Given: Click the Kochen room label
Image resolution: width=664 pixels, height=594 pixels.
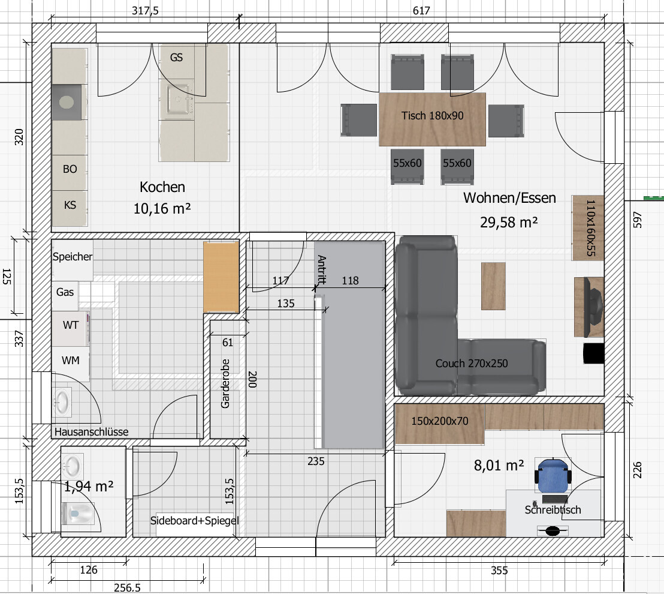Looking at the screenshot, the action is pyautogui.click(x=162, y=187).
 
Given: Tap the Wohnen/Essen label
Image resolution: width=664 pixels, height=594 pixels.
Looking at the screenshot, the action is pyautogui.click(x=509, y=198).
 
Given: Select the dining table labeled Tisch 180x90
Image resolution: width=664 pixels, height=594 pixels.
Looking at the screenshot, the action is pyautogui.click(x=432, y=119).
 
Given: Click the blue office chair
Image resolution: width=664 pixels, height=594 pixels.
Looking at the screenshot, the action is pyautogui.click(x=553, y=476).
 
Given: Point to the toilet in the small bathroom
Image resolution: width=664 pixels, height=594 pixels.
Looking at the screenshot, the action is pyautogui.click(x=77, y=514).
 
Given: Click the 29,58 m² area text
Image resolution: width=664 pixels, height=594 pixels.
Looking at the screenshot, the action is pyautogui.click(x=509, y=222).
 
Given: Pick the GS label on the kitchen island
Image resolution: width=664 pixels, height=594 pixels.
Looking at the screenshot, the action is pyautogui.click(x=177, y=57).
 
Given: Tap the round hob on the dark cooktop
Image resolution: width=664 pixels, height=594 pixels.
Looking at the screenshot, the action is pyautogui.click(x=67, y=102).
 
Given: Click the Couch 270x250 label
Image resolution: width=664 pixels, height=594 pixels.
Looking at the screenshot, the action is pyautogui.click(x=471, y=364).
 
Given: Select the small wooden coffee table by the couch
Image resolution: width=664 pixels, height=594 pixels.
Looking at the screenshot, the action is pyautogui.click(x=493, y=286).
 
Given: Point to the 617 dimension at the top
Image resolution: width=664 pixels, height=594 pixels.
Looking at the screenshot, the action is pyautogui.click(x=421, y=10).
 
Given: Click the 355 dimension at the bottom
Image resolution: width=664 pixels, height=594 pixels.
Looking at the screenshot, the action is pyautogui.click(x=499, y=570).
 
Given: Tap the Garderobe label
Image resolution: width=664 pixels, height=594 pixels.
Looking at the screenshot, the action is pyautogui.click(x=225, y=384).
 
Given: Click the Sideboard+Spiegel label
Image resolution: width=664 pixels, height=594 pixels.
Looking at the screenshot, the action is pyautogui.click(x=194, y=520).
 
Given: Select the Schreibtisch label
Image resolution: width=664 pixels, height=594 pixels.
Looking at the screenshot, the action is pyautogui.click(x=553, y=509).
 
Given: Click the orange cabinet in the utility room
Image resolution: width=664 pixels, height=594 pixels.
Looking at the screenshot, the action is pyautogui.click(x=221, y=277).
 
